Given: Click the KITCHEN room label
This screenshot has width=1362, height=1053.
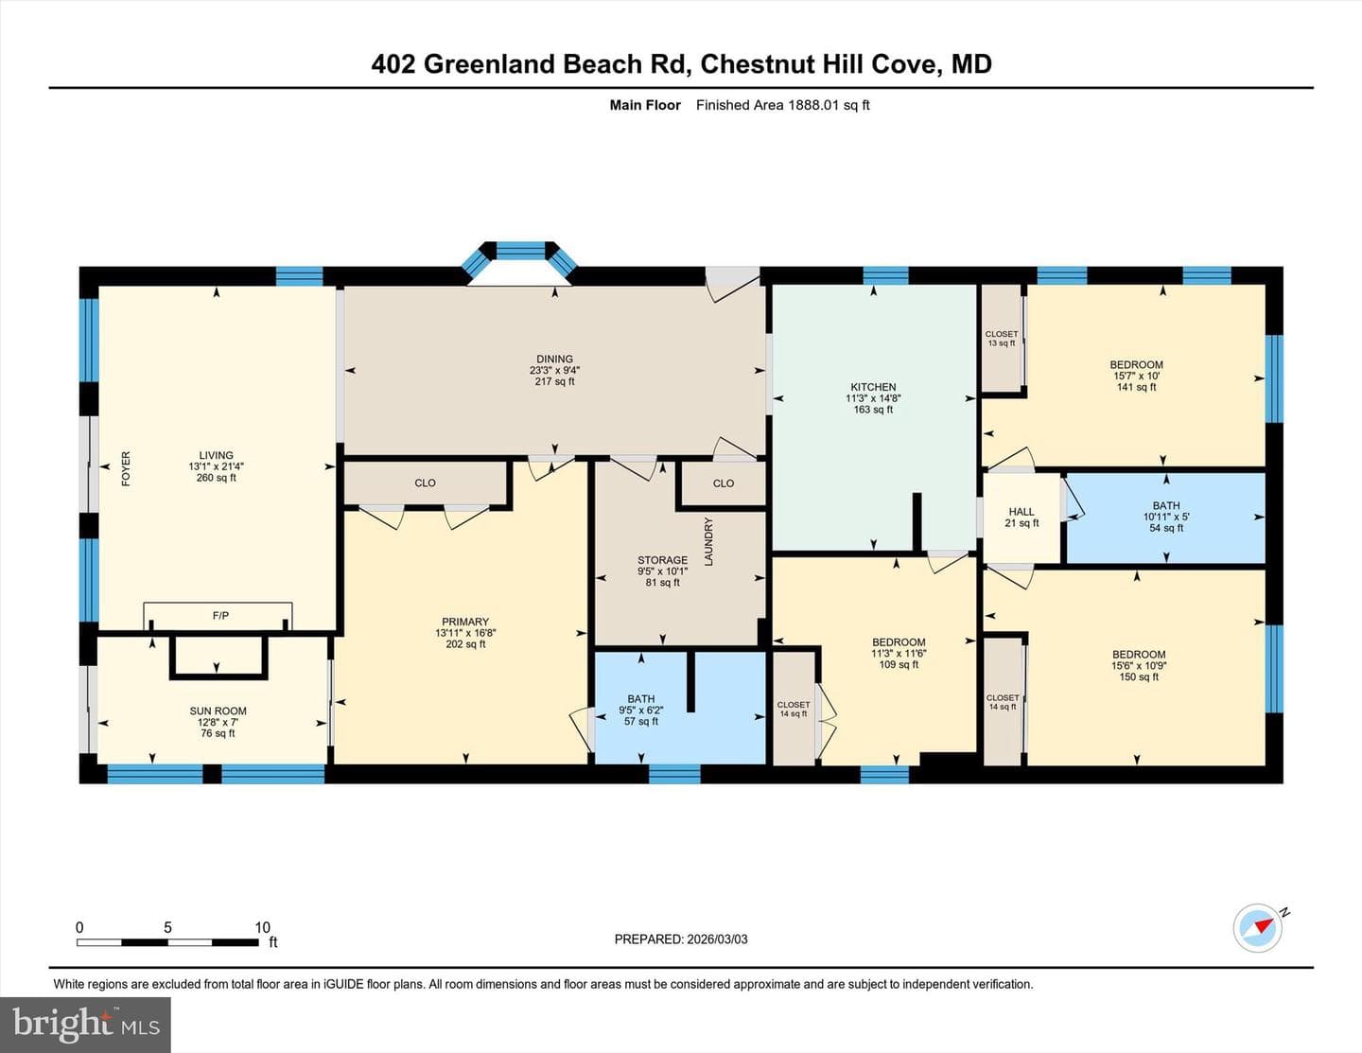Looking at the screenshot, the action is [873, 387].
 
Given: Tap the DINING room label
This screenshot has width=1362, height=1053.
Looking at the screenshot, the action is [554, 360].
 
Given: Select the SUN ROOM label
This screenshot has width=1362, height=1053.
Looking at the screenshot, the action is [218, 711].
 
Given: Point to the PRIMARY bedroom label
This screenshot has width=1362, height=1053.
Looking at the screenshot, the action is [465, 622].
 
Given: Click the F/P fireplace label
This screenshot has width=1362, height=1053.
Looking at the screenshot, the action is [220, 616].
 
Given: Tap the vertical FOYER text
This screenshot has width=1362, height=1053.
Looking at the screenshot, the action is [126, 469].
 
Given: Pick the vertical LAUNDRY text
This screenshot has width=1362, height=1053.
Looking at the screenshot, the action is [708, 541].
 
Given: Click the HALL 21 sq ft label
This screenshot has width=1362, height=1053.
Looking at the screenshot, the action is [1021, 518].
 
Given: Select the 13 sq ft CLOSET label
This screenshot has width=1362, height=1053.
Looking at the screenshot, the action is [1002, 339].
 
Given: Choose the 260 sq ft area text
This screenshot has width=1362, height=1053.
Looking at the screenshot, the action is [217, 478].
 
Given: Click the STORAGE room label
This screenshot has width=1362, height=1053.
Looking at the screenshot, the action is [662, 560].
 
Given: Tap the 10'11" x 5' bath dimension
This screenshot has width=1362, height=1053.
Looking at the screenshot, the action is [1166, 518].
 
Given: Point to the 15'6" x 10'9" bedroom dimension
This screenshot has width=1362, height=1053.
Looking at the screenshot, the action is [1139, 666].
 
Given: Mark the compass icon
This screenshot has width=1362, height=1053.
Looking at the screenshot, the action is [1257, 928].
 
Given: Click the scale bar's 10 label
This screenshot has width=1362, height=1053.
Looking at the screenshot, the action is [263, 927].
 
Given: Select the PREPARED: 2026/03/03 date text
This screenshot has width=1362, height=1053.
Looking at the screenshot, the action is [681, 939].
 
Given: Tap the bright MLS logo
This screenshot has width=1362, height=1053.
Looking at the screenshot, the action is [85, 1025].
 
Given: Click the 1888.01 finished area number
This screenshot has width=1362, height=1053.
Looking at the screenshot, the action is [813, 105].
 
